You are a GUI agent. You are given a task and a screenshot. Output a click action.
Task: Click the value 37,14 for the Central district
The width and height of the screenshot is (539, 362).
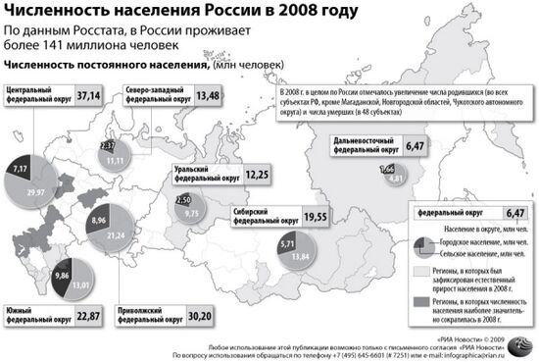point(88,96)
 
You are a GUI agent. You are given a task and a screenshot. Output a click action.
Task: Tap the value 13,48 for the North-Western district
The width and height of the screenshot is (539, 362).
point(207,96)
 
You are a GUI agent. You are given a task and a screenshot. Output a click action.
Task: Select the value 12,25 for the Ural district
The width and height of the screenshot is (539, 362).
point(258,174)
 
